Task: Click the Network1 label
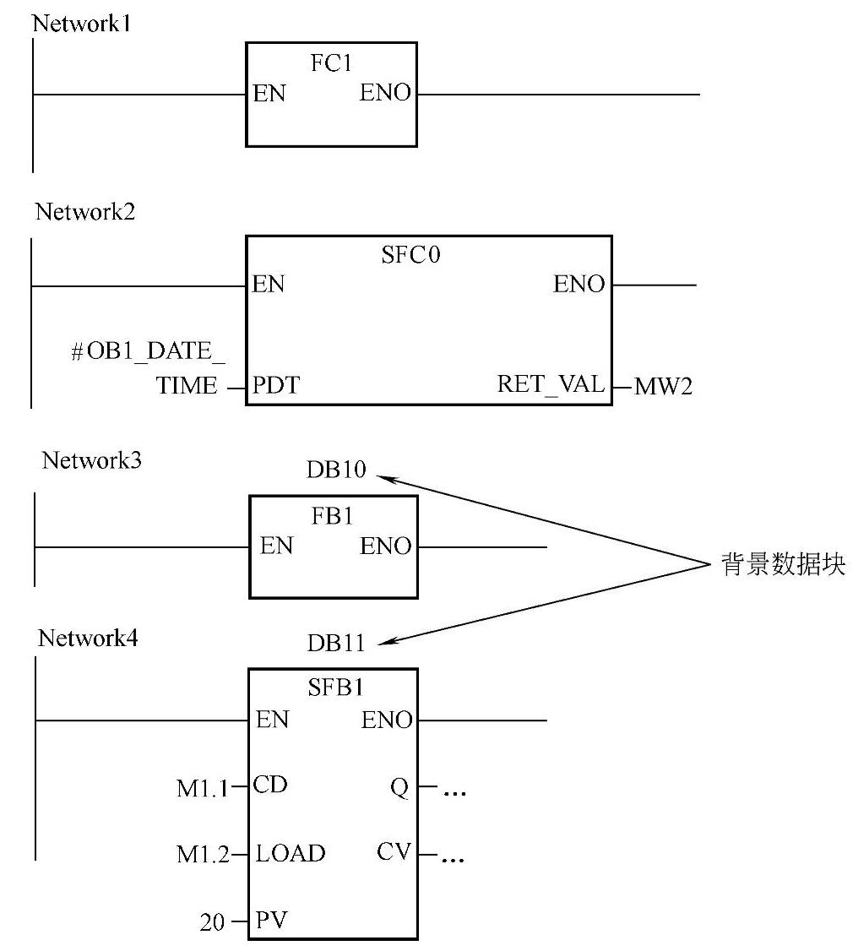click(x=81, y=23)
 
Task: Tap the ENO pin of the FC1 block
click(x=385, y=94)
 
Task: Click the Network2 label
click(x=84, y=212)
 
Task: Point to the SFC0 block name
click(x=411, y=254)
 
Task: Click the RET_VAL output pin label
click(x=551, y=385)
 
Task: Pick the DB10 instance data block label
click(x=336, y=470)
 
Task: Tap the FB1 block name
click(x=332, y=517)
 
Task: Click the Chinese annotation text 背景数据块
click(x=782, y=565)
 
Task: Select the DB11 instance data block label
click(x=336, y=644)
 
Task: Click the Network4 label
click(x=88, y=639)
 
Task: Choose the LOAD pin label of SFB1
click(x=291, y=853)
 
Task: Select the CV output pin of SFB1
click(x=394, y=851)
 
